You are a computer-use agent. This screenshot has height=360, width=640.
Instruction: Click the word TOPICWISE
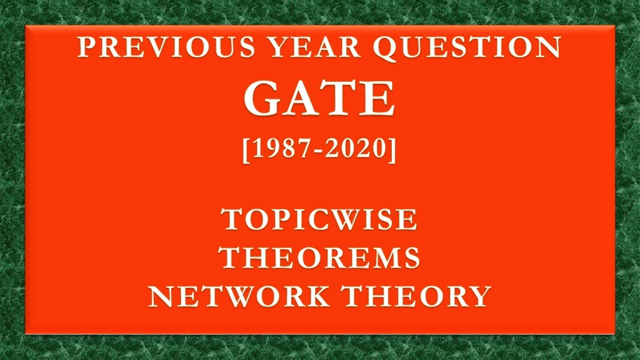tap(320, 219)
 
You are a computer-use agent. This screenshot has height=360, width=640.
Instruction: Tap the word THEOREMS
tap(319, 258)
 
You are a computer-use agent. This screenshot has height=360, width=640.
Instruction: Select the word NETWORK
tap(239, 296)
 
